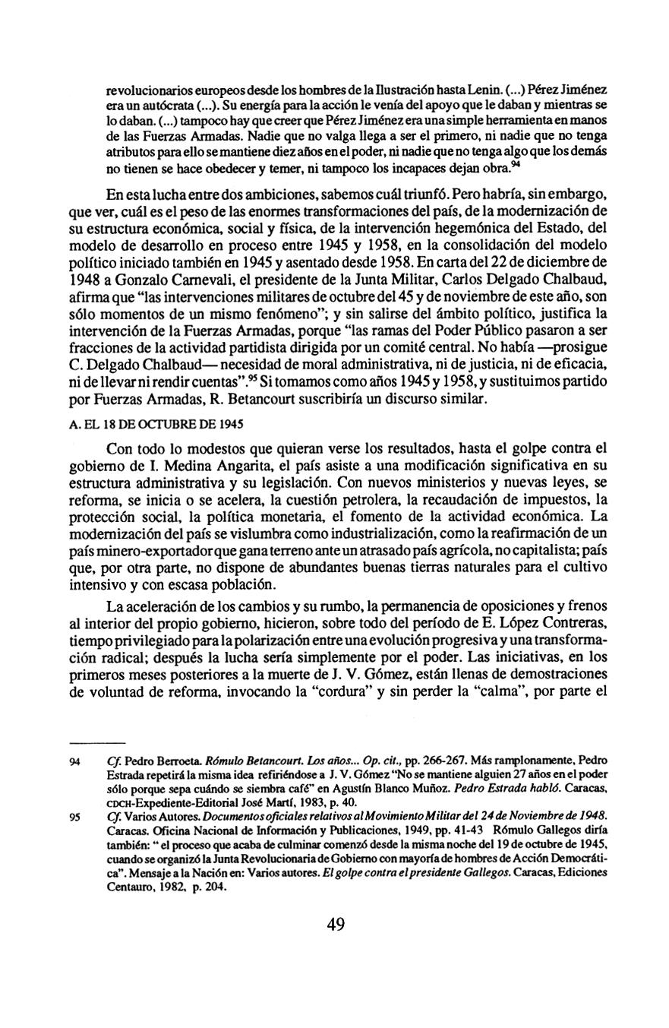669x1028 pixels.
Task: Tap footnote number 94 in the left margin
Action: (x=74, y=760)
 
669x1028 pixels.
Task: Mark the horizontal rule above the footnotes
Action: (x=96, y=740)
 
